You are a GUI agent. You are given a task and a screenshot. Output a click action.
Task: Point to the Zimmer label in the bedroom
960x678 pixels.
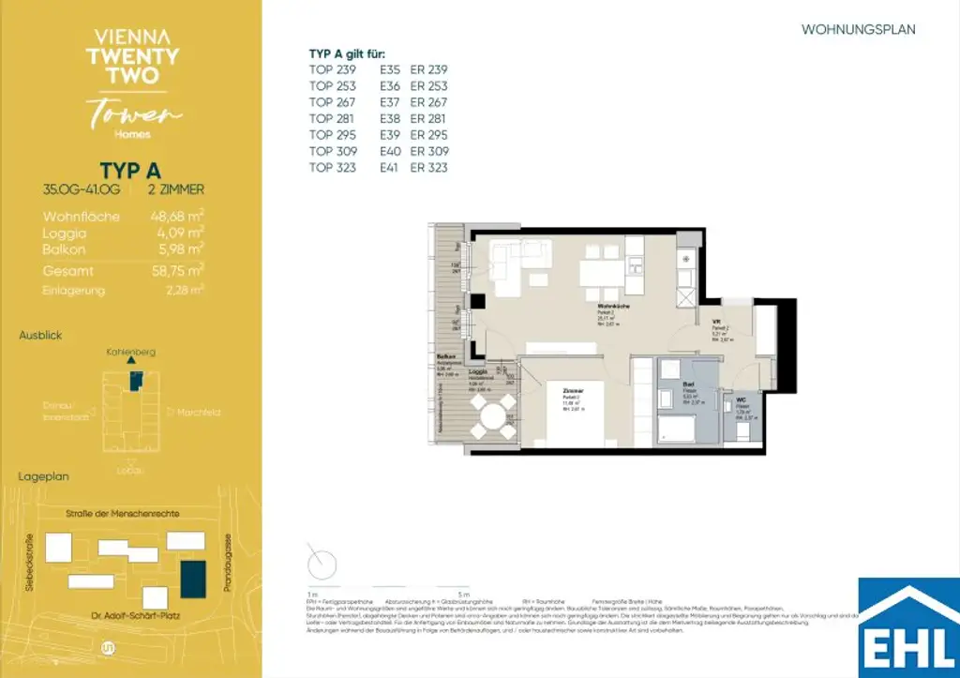click(574, 391)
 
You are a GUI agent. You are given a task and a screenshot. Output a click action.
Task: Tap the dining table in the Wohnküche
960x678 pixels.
click(602, 273)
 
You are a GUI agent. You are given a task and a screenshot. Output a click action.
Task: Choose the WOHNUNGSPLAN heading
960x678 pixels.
click(858, 30)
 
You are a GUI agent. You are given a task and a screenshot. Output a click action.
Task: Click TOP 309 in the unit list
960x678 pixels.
click(333, 151)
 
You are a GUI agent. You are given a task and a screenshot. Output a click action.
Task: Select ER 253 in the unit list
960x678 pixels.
click(429, 85)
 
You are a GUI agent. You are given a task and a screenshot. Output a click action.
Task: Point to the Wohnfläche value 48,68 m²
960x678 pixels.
click(177, 217)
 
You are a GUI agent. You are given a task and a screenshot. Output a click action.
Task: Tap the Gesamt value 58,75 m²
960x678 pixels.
click(177, 270)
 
